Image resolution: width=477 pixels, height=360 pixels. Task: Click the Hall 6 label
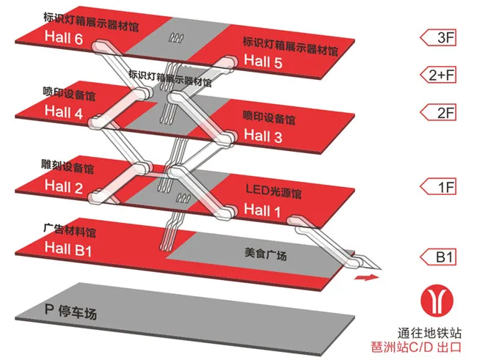click(64, 37)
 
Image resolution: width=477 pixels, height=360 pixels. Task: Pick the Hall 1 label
click(263, 210)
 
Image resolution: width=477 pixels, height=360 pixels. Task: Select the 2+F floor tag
click(445, 74)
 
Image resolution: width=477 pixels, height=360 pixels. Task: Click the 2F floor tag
click(445, 112)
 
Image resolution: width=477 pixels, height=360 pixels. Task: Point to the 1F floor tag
click(445, 187)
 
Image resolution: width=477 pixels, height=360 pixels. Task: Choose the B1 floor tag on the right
click(445, 257)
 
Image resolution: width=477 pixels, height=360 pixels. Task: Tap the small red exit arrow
click(365, 278)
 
